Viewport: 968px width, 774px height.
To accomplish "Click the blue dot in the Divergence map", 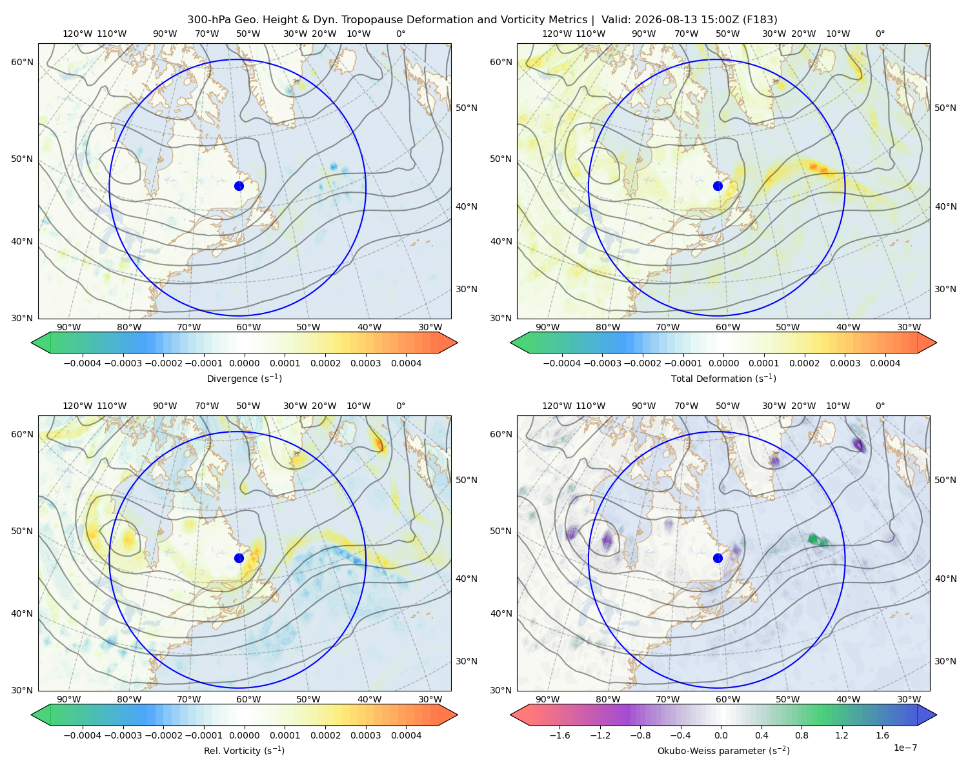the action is pos(239,186).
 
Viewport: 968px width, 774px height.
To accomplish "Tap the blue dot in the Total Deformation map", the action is pos(718,186).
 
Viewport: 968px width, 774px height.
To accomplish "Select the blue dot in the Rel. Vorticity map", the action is pos(239,558).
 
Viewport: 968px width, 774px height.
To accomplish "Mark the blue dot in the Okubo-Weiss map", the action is pos(718,558).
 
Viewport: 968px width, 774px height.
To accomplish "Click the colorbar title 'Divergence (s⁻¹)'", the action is pos(244,378).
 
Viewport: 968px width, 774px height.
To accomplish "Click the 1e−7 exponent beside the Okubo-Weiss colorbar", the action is pos(905,748).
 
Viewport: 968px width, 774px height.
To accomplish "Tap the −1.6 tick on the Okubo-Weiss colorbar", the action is pos(560,735).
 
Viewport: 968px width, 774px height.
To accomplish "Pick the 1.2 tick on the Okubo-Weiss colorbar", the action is pos(842,735).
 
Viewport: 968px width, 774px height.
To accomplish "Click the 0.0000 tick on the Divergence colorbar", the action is pos(244,363).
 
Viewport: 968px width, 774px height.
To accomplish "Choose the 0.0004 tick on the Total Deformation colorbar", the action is pos(885,363).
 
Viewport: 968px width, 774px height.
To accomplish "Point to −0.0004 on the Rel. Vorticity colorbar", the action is pos(83,735).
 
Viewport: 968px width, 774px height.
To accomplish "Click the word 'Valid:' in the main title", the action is pos(616,20).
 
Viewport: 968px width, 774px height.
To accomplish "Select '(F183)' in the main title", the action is pos(760,20).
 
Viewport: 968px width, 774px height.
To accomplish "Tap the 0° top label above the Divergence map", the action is pos(401,34).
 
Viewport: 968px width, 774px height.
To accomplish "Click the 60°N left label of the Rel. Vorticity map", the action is pos(22,434).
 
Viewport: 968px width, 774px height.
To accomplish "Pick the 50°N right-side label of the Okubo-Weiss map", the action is pos(945,480).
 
